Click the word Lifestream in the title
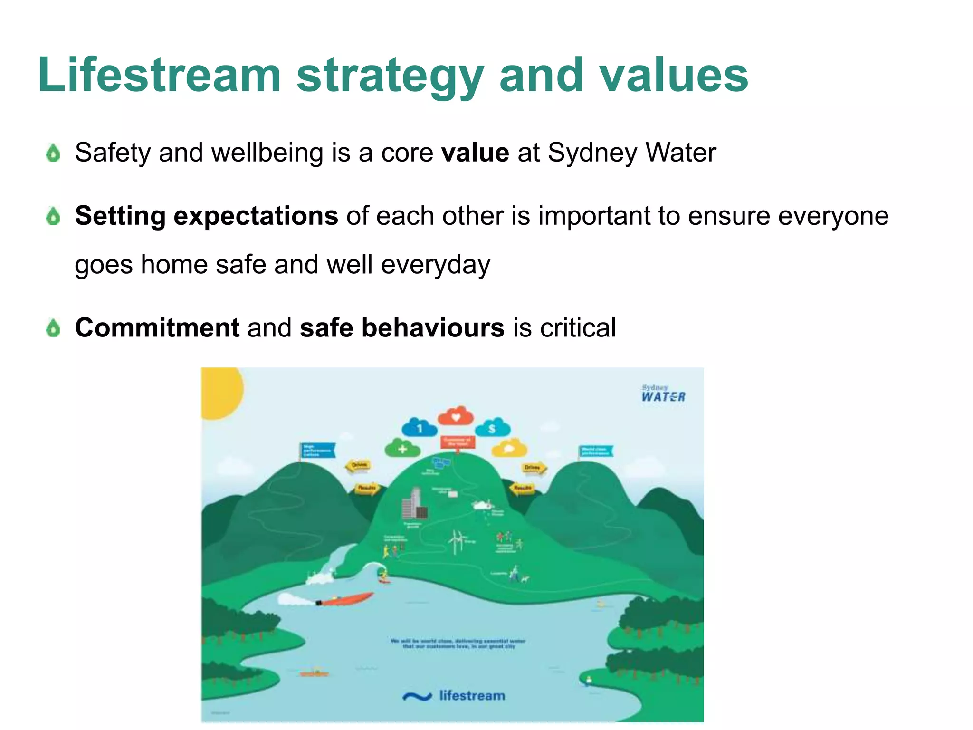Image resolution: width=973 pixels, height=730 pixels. pos(160,75)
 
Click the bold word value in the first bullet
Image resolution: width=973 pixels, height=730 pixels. pos(475,153)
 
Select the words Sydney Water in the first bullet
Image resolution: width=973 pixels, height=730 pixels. pos(631,153)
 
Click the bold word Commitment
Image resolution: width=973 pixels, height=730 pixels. pos(157,327)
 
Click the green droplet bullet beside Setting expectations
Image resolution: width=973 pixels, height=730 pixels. pos(53,216)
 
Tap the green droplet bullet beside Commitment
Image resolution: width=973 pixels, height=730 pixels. pos(53,328)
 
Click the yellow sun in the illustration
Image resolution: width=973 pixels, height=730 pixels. pos(220,392)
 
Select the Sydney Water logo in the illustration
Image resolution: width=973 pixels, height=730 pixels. pos(663,394)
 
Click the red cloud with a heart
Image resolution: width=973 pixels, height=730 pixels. pos(456,416)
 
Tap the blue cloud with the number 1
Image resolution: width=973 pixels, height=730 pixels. pos(419,428)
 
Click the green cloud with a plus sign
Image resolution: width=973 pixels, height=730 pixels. pos(402,448)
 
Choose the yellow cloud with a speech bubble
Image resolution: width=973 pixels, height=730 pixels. pos(509,448)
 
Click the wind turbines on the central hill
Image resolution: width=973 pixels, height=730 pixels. pos(457,541)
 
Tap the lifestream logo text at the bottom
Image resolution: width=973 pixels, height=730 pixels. pos(472,696)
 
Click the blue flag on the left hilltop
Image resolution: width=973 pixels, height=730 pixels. pos(317,450)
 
